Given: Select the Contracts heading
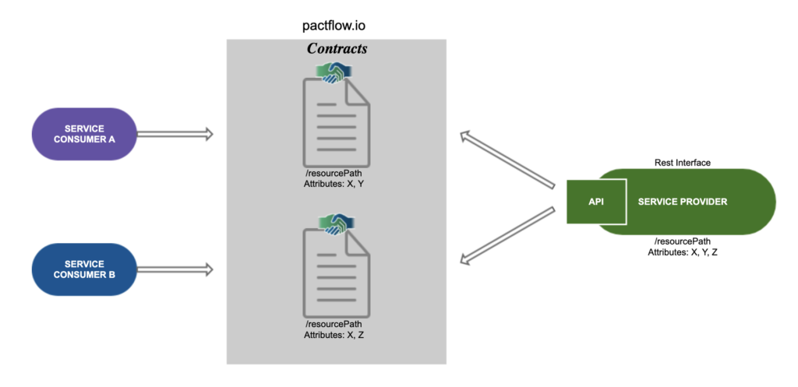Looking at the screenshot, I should [x=337, y=48].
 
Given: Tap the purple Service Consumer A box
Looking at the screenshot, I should [x=85, y=134].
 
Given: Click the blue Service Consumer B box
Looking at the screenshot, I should [x=85, y=269].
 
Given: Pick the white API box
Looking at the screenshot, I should [x=596, y=202].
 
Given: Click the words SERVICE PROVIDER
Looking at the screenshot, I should [x=682, y=202].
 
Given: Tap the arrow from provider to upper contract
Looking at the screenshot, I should [x=506, y=160].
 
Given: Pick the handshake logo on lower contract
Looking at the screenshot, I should [x=336, y=222].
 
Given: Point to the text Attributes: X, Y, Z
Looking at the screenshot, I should [x=682, y=252].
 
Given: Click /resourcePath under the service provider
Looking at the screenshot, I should [x=682, y=241].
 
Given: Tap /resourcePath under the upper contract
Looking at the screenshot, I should [x=334, y=172].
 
